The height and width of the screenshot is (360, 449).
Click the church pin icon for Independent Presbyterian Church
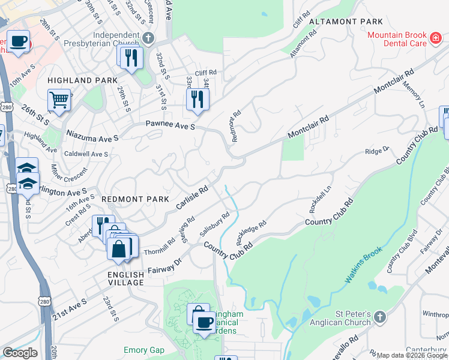(x=149, y=38)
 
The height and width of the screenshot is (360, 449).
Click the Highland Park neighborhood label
(x=82, y=80)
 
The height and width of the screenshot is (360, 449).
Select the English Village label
(x=126, y=278)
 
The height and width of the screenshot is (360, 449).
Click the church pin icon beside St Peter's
(x=379, y=317)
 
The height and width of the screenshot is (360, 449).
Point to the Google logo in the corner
(x=20, y=352)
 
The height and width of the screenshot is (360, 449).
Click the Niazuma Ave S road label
(x=93, y=136)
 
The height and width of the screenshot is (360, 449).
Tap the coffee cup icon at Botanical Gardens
(x=204, y=322)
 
